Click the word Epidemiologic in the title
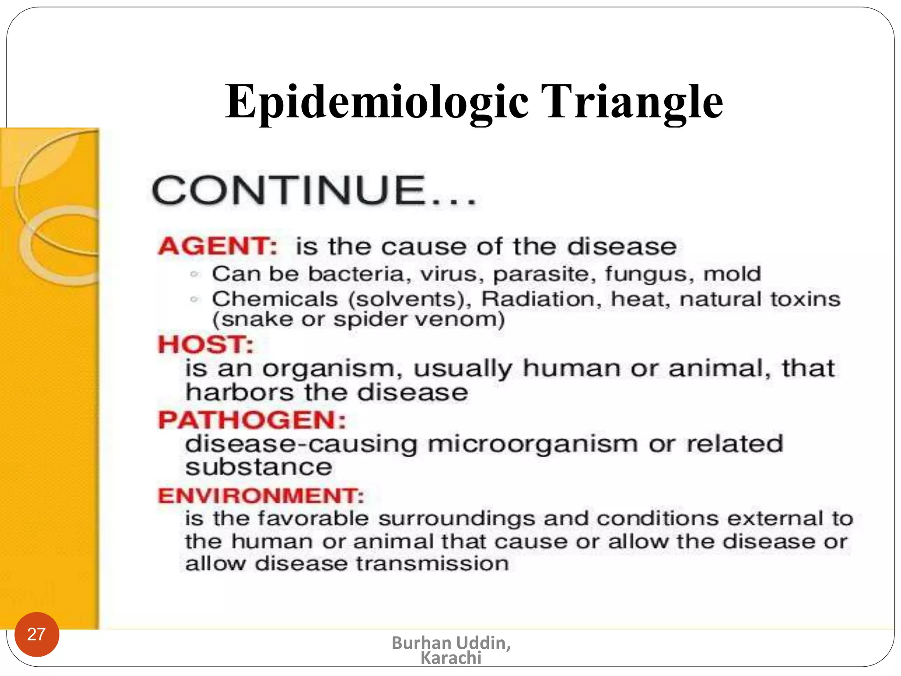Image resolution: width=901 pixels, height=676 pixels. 376,102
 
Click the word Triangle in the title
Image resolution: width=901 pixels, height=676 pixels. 632,102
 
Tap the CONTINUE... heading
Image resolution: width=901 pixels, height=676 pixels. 314,190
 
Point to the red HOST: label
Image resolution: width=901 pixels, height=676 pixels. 206,344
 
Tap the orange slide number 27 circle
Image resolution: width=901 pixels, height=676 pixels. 37,634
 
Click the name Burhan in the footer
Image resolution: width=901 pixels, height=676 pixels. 421,643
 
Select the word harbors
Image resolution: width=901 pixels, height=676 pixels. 239,392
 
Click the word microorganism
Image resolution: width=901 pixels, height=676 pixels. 533,444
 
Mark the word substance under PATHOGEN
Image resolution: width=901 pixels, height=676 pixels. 259,467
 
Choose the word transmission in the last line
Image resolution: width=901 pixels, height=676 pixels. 432,564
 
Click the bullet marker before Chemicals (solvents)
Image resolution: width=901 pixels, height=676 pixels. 194,299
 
